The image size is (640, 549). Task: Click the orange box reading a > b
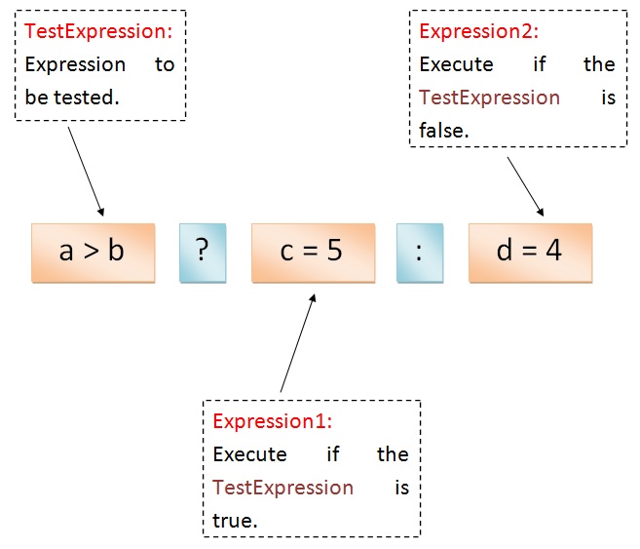coord(93,252)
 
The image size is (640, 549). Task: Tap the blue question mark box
coord(202,252)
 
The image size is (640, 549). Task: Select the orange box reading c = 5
coord(312,252)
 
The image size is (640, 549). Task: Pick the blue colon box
coord(419,252)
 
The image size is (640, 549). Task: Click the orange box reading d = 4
coord(529,252)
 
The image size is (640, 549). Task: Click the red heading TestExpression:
coord(98,31)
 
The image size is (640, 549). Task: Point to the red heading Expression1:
coord(273,421)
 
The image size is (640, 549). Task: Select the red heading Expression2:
coord(478,31)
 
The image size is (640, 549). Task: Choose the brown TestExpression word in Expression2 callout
coord(489,98)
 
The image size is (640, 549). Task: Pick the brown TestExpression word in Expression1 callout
coord(282,487)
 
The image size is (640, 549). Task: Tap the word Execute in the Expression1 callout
coord(249,454)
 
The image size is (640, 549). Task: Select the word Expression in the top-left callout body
coord(75,64)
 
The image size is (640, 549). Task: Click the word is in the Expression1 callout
coord(401,487)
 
